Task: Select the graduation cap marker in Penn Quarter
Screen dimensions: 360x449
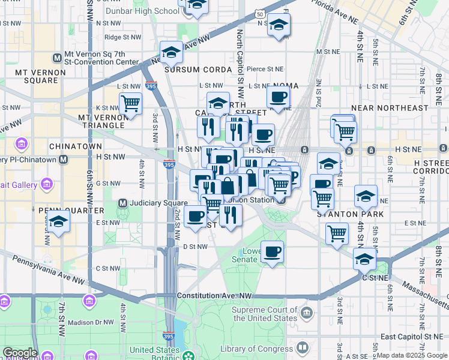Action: [58, 221]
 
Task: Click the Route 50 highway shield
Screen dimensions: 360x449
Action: [258, 13]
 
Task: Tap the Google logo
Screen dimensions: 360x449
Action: [20, 353]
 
